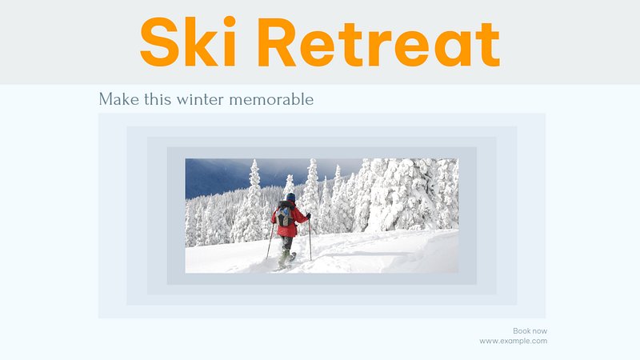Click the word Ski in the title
pyautogui.click(x=188, y=42)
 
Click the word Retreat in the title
pyautogui.click(x=378, y=42)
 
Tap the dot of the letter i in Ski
pyautogui.click(x=230, y=22)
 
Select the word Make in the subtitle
pyautogui.click(x=118, y=99)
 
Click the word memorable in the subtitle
pyautogui.click(x=271, y=99)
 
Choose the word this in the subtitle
pyautogui.click(x=158, y=99)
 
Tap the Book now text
pyautogui.click(x=530, y=331)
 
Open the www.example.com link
pyautogui.click(x=513, y=342)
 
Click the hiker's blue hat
pyautogui.click(x=290, y=197)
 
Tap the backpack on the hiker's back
pyautogui.click(x=285, y=215)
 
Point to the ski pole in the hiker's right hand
pyautogui.click(x=310, y=238)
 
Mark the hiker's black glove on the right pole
pyautogui.click(x=309, y=216)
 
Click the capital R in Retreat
pyautogui.click(x=277, y=42)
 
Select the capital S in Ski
pyautogui.click(x=160, y=42)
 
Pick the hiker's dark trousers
pyautogui.click(x=287, y=243)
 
